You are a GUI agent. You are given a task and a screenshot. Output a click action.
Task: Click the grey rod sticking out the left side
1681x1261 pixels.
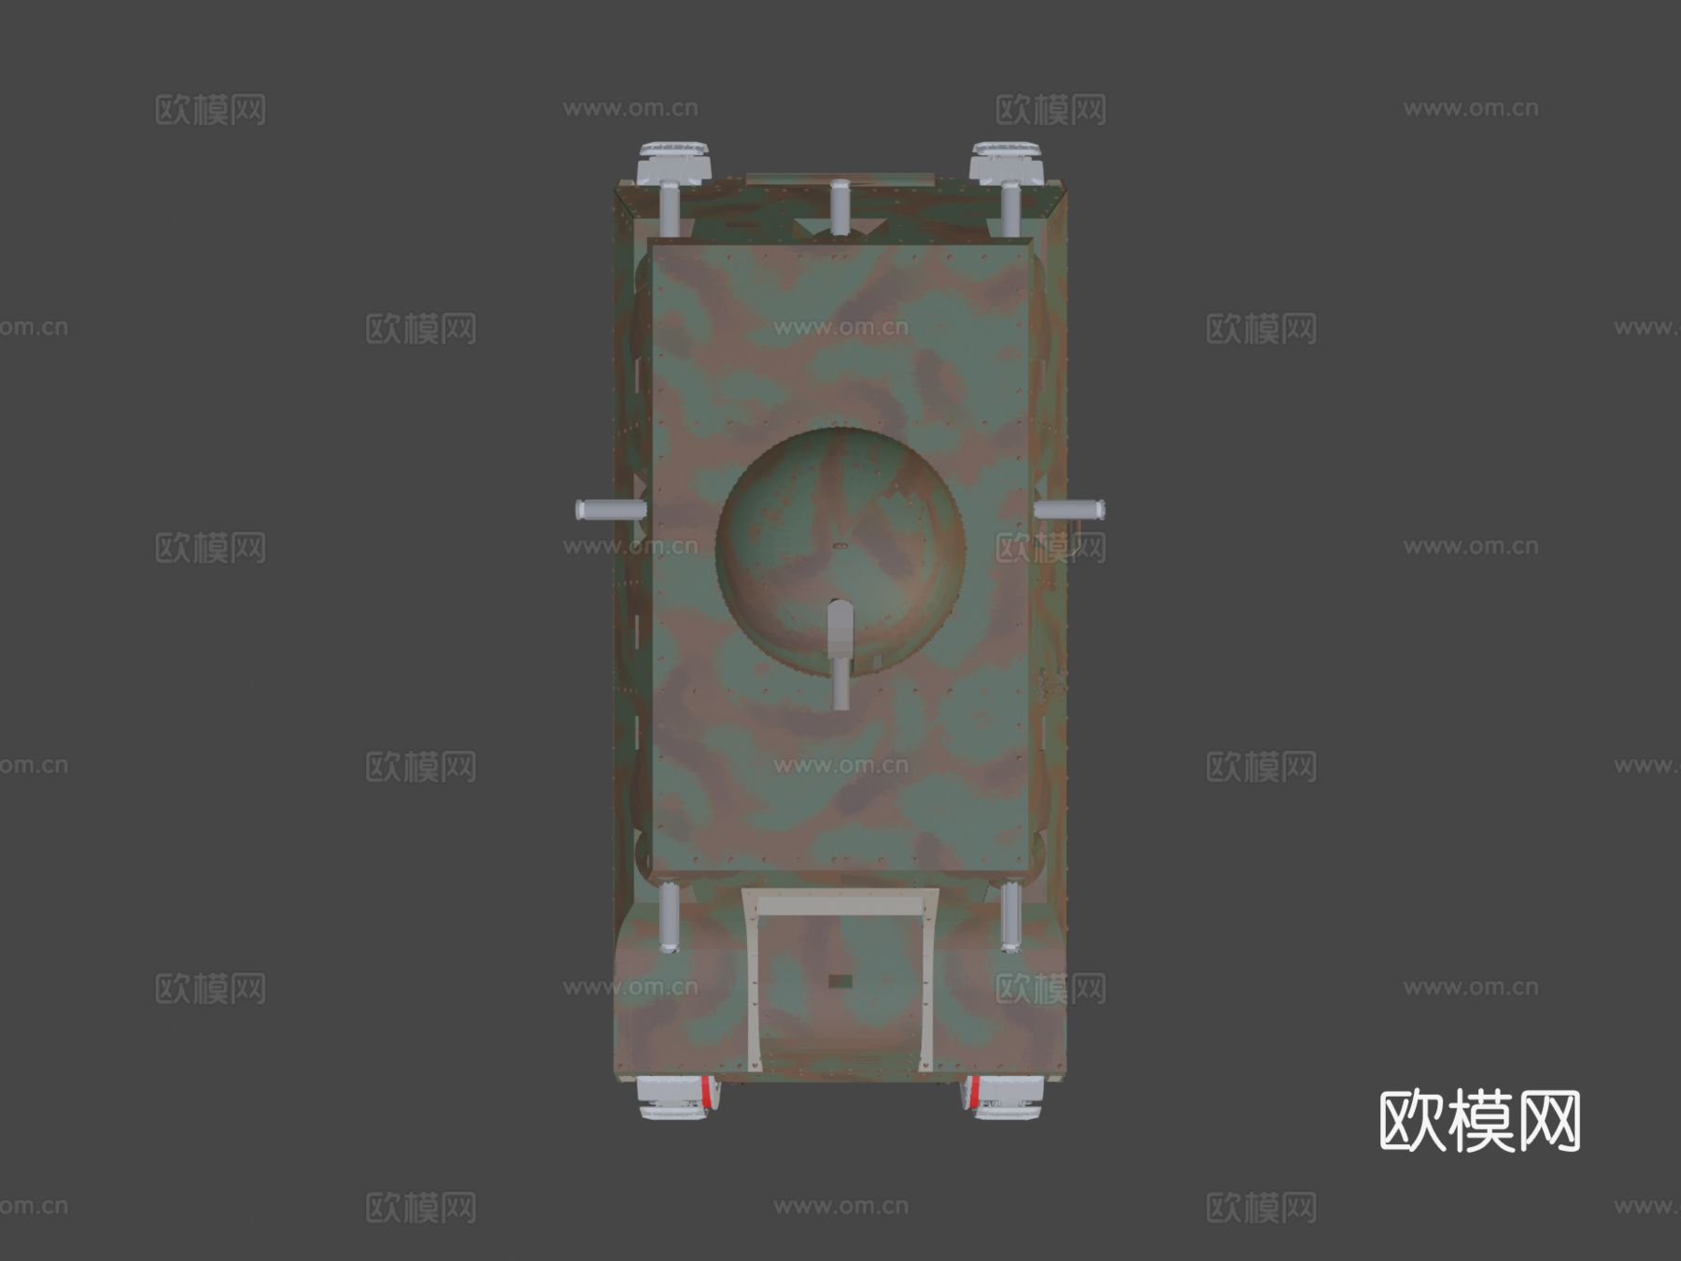tap(611, 510)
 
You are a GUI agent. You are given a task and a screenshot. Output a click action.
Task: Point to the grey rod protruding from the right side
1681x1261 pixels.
tap(1070, 510)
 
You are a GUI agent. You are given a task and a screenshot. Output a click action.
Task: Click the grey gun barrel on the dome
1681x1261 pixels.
tap(840, 654)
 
